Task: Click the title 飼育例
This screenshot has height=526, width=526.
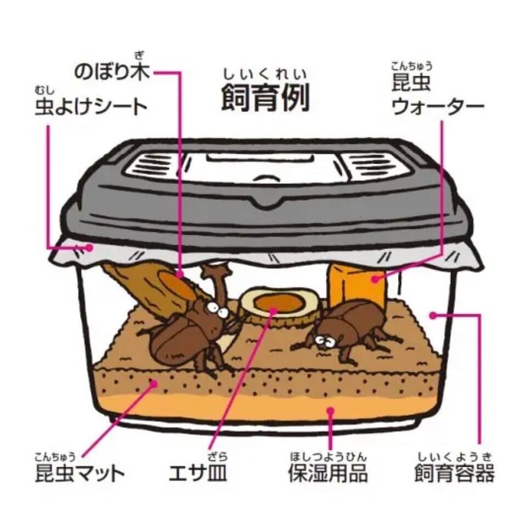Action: click(265, 98)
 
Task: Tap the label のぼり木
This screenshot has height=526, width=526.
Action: click(112, 71)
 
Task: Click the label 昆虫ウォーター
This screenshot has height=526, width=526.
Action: click(437, 95)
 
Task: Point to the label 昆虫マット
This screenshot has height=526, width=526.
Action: click(80, 473)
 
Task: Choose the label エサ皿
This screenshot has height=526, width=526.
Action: click(198, 473)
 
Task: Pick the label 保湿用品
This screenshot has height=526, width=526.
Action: click(328, 473)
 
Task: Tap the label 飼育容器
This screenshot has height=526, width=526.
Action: click(455, 473)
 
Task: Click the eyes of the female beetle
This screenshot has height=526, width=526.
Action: click(324, 342)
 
